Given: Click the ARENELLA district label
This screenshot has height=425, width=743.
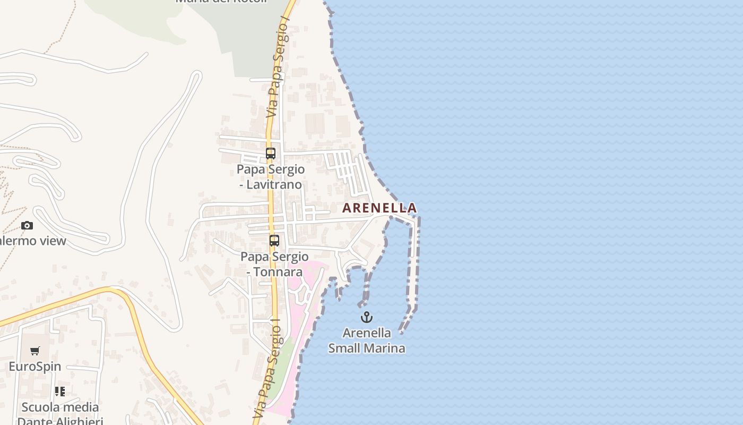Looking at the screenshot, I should pos(379,208).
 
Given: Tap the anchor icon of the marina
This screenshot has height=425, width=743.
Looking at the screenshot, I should pos(366,317).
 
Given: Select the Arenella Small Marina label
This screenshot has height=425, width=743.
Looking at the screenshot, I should pos(367,341).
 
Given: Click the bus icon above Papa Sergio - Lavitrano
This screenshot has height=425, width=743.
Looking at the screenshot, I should pos(271,154).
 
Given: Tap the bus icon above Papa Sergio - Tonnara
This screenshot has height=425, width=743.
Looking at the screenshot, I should pos(274,240).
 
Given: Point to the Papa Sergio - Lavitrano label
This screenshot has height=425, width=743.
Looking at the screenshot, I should pos(271,177).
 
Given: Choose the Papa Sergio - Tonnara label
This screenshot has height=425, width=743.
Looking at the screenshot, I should pos(274,264).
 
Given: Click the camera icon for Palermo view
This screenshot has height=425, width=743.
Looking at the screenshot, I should pos(27,225).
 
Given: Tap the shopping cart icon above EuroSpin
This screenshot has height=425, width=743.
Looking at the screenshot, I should pos(35,351).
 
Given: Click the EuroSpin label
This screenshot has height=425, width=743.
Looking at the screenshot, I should pos(35,366).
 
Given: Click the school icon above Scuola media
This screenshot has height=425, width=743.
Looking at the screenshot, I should pos(60,392).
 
